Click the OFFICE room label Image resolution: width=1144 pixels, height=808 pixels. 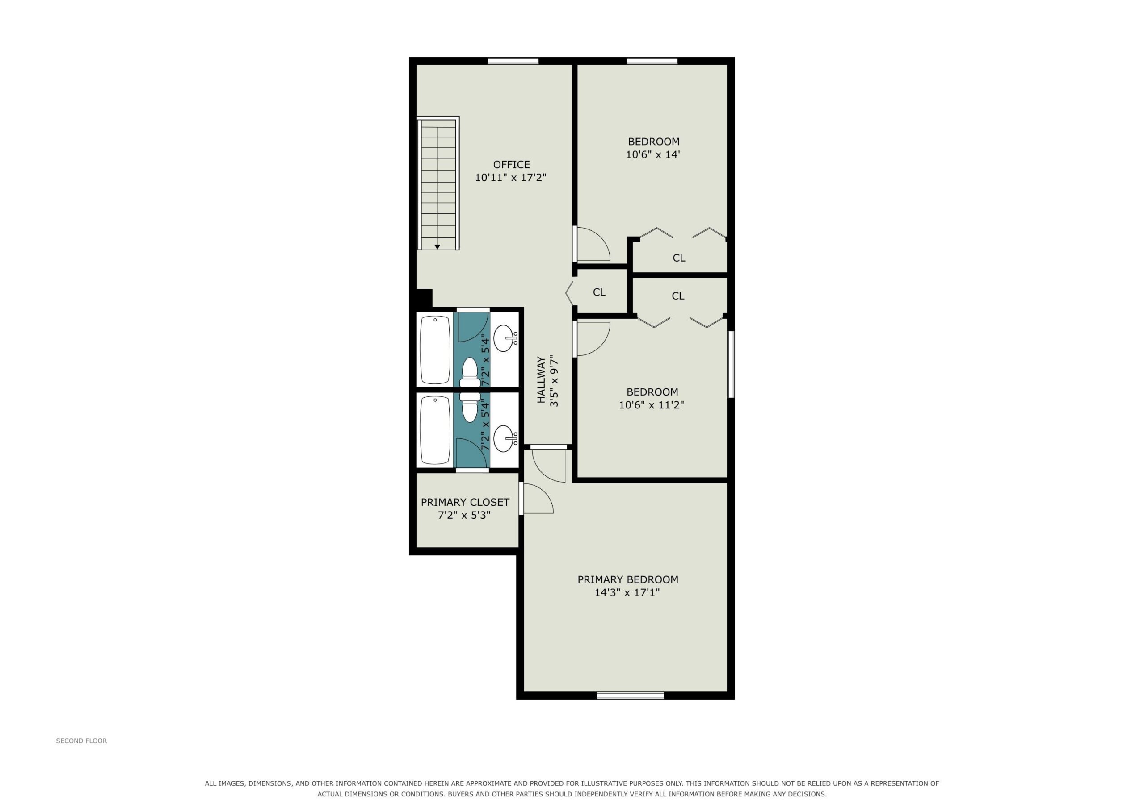point(511,164)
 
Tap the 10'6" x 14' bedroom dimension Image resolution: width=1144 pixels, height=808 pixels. point(653,154)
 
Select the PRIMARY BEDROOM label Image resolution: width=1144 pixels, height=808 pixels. point(628,579)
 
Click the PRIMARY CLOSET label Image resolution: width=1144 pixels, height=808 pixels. point(465,502)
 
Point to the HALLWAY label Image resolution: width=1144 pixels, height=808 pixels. point(541,380)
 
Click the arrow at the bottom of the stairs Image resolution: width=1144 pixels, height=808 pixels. point(437,246)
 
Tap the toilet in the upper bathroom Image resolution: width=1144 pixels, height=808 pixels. point(470,372)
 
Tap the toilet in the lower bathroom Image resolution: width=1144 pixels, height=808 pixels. point(470,407)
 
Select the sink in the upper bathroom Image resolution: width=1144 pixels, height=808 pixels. point(506,338)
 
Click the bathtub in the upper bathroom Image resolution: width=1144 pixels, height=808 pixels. point(435,350)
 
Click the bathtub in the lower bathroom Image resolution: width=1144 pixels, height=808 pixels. point(435,429)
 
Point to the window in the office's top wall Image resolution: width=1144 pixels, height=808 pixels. point(513,61)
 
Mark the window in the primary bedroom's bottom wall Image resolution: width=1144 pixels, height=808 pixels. point(630,696)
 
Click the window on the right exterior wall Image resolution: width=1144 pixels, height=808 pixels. point(731,364)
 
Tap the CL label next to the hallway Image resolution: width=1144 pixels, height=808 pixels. point(599,292)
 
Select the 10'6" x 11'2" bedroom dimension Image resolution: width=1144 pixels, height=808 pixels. point(651,405)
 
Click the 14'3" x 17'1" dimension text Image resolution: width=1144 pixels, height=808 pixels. point(627,592)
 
